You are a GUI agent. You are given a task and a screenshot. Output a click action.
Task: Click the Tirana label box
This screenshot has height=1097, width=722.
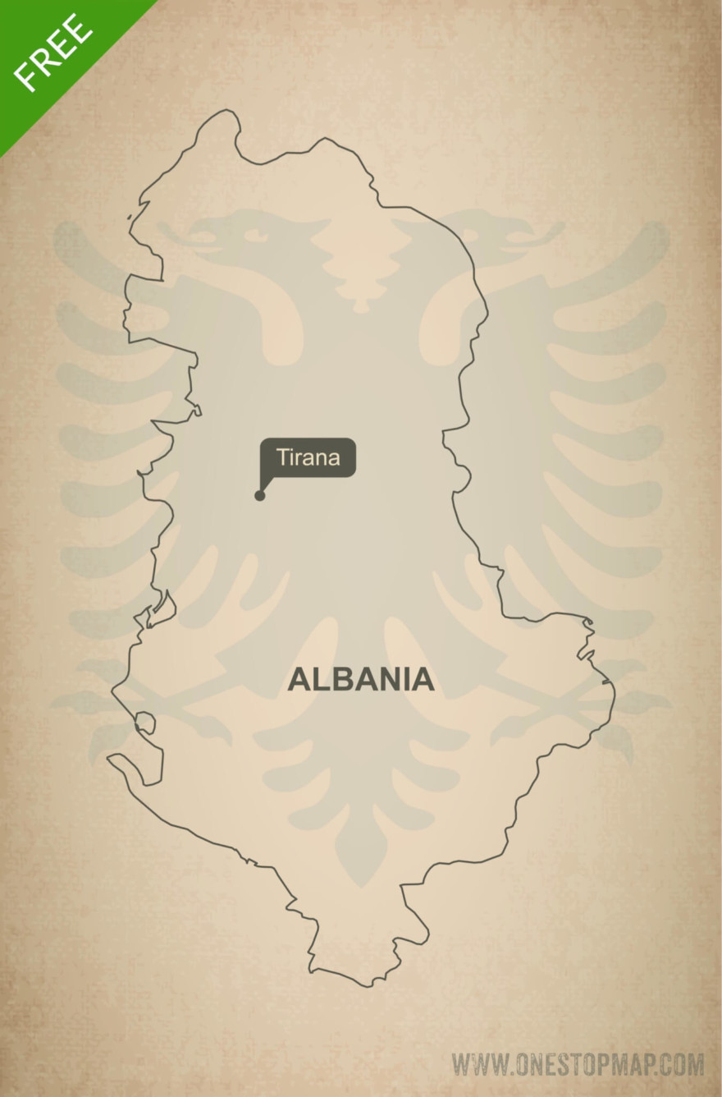308,457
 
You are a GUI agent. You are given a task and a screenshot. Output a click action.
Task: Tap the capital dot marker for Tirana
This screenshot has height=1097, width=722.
260,495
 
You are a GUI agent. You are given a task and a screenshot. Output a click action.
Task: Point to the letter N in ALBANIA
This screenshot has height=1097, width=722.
386,680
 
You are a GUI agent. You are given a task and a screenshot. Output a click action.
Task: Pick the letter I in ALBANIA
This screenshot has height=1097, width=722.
404,680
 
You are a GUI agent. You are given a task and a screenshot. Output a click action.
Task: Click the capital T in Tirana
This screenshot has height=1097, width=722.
282,457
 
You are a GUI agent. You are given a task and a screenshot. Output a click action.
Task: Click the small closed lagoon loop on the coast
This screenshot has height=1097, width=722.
145,723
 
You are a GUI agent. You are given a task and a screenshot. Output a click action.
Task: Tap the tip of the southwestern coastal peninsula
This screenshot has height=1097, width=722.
110,759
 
